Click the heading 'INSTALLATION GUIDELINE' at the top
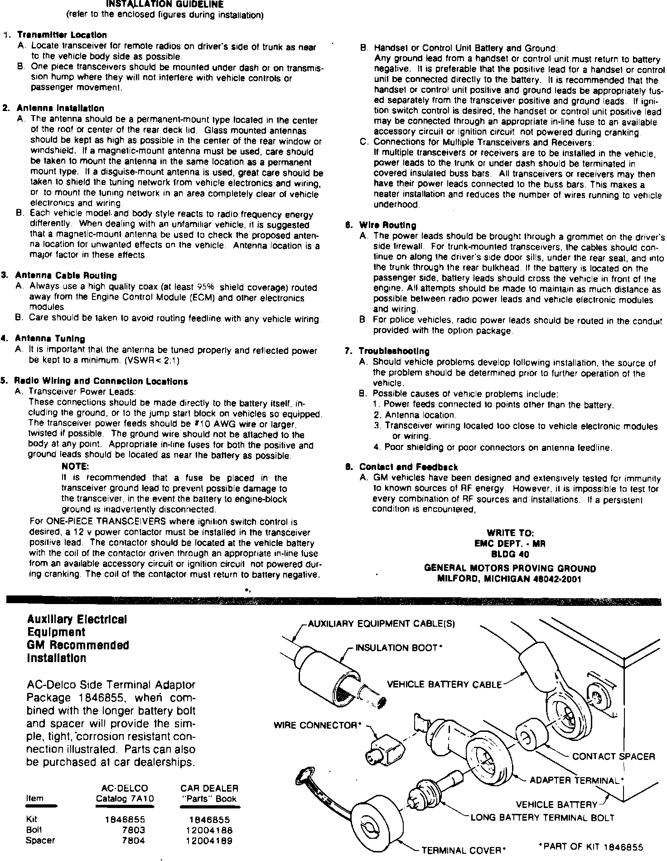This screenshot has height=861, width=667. pyautogui.click(x=164, y=5)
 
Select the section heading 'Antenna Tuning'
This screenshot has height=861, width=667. pyautogui.click(x=50, y=339)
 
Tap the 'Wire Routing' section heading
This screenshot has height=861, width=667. pyautogui.click(x=387, y=225)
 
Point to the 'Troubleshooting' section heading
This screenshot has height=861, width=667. pyautogui.click(x=394, y=351)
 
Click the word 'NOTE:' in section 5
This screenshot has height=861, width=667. pyautogui.click(x=75, y=466)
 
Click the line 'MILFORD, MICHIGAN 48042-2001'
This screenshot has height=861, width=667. pyautogui.click(x=510, y=579)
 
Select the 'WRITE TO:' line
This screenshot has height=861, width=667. pyautogui.click(x=510, y=533)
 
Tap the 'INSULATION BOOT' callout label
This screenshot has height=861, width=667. pyautogui.click(x=397, y=648)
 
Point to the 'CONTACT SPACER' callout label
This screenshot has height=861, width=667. pyautogui.click(x=614, y=756)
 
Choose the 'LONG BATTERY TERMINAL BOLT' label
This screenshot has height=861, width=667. pyautogui.click(x=542, y=818)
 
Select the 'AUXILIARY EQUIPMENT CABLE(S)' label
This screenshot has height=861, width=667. pyautogui.click(x=381, y=624)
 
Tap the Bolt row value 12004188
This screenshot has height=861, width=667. pyautogui.click(x=209, y=830)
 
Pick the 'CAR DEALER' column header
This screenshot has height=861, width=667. pyautogui.click(x=209, y=788)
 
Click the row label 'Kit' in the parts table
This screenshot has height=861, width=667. pyautogui.click(x=32, y=819)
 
